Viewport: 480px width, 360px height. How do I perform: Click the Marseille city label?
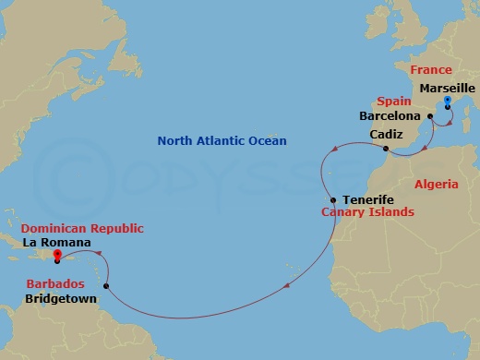447,88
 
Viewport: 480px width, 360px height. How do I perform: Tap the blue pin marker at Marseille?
447,102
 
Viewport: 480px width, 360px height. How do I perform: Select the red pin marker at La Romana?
57,257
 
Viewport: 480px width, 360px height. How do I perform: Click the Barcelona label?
391,117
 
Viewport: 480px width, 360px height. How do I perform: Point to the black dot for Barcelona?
430,116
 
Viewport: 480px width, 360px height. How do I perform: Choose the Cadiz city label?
386,135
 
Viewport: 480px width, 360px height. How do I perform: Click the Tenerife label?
368,199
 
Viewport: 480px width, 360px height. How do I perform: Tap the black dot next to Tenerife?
333,200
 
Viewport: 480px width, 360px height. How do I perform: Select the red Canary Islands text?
367,212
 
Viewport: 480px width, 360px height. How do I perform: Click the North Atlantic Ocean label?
222,140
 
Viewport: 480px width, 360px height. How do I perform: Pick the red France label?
431,70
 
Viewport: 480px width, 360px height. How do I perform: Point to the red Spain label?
394,101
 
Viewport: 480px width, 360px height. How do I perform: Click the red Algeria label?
437,185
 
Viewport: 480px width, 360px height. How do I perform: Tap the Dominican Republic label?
70,228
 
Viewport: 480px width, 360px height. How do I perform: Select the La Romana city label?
56,243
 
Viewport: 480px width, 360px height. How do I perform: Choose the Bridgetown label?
52,299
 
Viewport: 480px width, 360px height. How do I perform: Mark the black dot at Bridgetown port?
107,286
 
